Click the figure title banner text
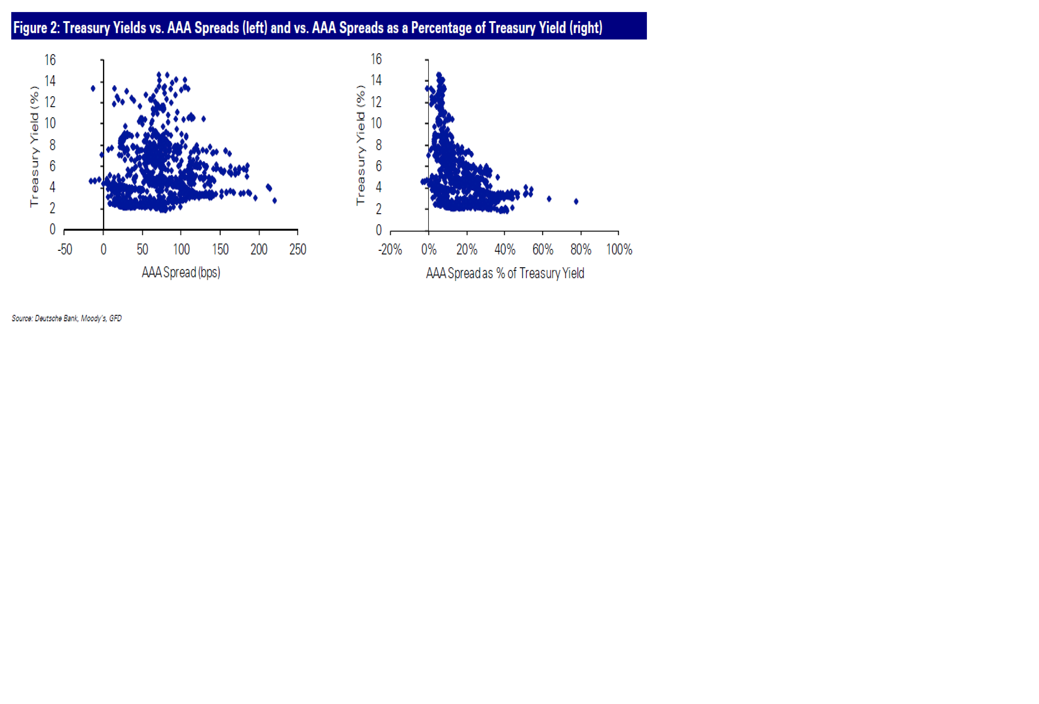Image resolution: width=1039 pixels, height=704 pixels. pos(308,28)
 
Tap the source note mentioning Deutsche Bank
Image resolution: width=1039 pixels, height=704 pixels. pos(67,318)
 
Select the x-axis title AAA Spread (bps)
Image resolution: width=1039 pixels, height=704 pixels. pos(181,272)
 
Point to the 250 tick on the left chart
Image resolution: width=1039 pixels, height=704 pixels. pos(298,249)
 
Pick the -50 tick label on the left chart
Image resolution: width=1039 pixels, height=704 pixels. pos(65,249)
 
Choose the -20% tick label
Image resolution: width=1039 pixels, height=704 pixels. pos(390,249)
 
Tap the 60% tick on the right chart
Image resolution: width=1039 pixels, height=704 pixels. pos(543,249)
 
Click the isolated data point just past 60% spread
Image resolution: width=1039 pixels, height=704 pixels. pos(549,199)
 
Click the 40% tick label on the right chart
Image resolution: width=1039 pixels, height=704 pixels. pos(505,249)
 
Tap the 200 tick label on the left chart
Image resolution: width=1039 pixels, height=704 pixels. pos(259,249)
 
